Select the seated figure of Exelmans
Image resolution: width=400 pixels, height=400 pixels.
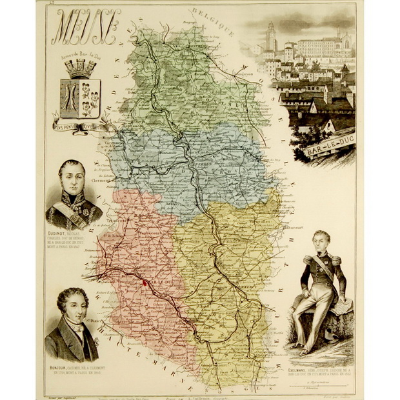[x=320, y=290]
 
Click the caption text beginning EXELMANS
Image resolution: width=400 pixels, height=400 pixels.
[x=320, y=374]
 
